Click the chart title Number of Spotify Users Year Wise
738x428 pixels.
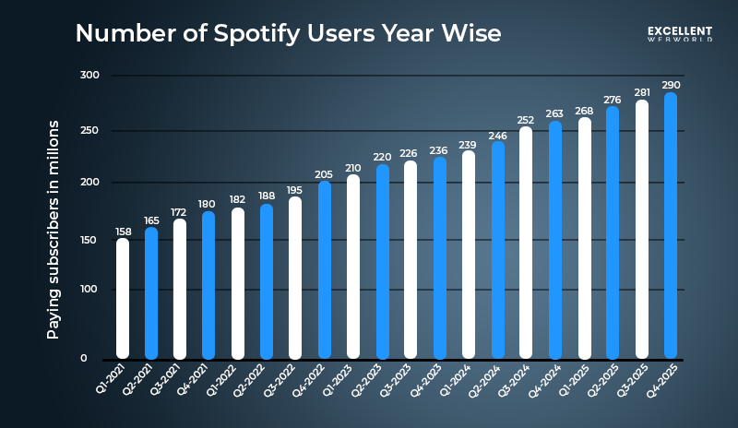point(288,34)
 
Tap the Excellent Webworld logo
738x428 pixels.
point(681,33)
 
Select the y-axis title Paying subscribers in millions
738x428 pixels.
point(54,229)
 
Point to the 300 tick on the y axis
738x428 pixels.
point(89,75)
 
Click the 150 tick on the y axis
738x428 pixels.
point(89,240)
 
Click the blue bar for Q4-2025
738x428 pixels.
point(671,225)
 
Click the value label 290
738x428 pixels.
point(671,85)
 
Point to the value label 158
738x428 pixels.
point(123,231)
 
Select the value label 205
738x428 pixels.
point(324,173)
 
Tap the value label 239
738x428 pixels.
point(469,144)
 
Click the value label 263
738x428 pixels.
point(554,114)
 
